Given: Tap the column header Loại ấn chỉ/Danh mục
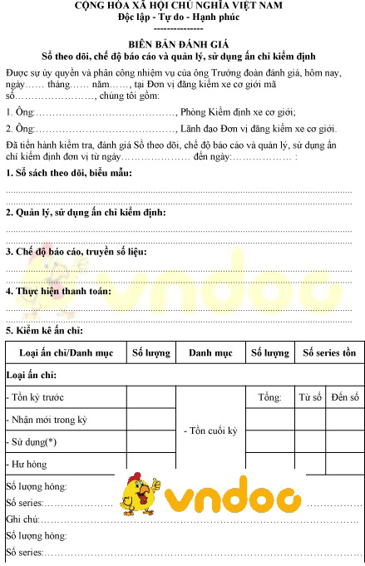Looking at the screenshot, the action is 66,352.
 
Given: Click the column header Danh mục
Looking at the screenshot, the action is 210,352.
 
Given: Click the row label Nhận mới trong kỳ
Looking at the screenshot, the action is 47,420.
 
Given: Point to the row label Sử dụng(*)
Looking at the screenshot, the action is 32,442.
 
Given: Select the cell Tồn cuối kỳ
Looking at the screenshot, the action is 210,431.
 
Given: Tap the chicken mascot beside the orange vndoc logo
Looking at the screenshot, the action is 139,497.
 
